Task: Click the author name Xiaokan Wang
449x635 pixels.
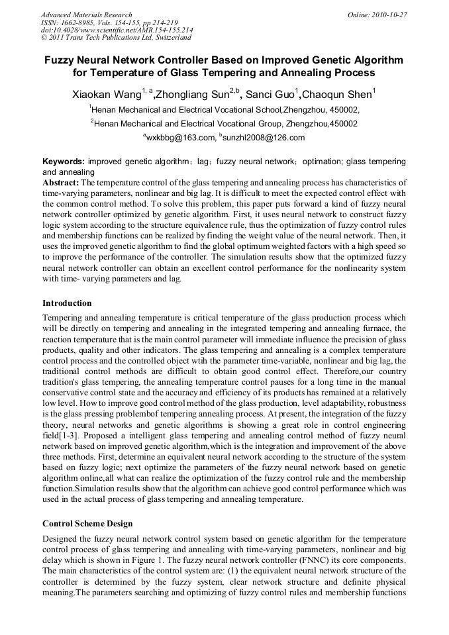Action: [x=105, y=95]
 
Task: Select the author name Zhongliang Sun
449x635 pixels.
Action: [x=193, y=95]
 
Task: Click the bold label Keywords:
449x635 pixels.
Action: [x=64, y=162]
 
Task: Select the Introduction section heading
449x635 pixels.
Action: [x=67, y=303]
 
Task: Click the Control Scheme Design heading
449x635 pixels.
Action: [x=87, y=524]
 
